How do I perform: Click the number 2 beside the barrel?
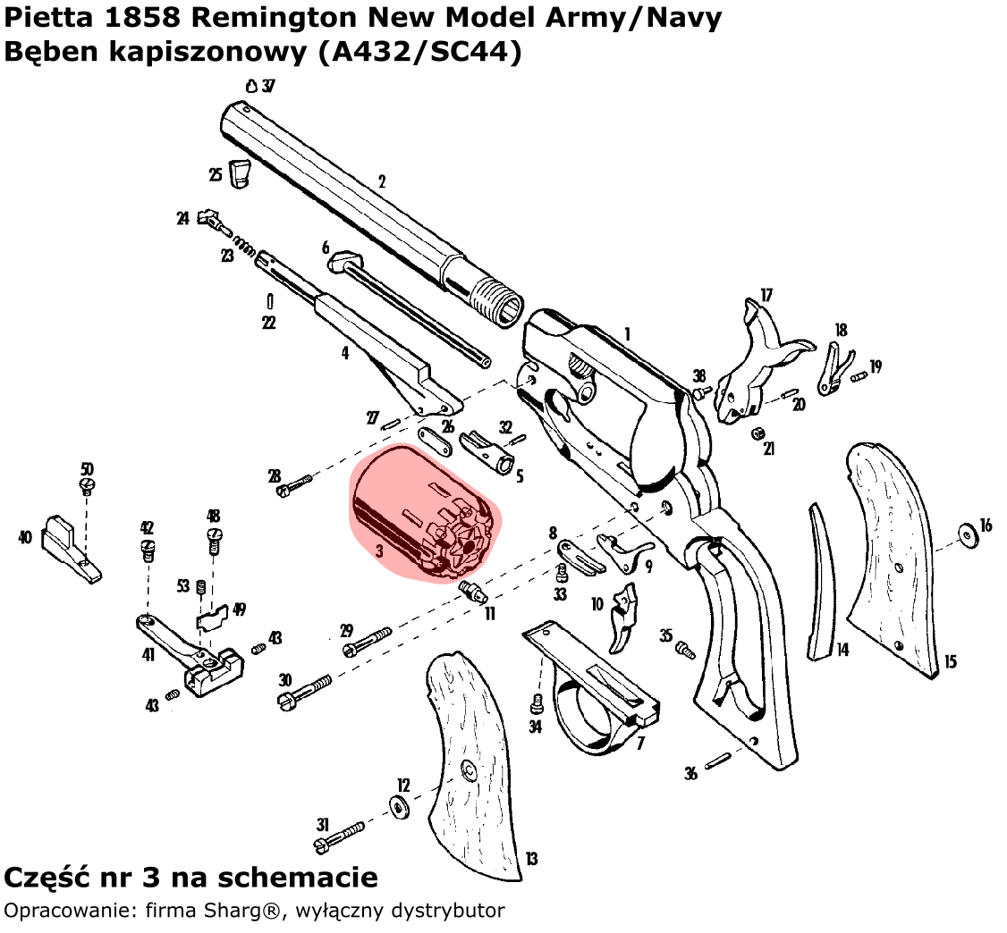tap(382, 181)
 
